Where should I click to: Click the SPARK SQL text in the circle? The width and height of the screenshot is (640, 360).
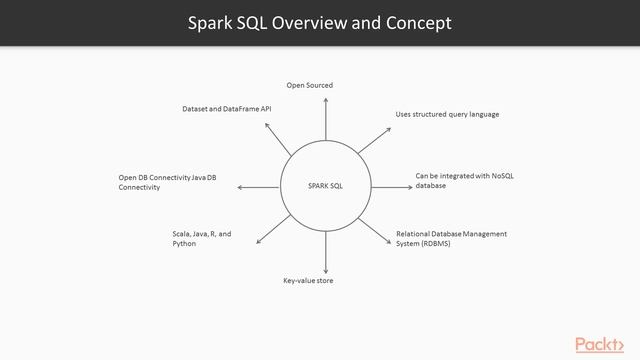click(x=324, y=186)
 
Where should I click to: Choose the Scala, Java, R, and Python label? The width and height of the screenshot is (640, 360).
click(x=201, y=238)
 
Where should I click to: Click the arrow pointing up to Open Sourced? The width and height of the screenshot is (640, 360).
click(x=325, y=120)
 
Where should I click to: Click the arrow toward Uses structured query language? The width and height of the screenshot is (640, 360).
click(x=372, y=139)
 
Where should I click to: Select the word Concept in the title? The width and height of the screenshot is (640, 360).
click(x=417, y=22)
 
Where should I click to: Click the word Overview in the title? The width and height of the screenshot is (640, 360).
click(x=315, y=22)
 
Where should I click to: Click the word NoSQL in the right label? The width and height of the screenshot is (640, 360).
click(x=501, y=176)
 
